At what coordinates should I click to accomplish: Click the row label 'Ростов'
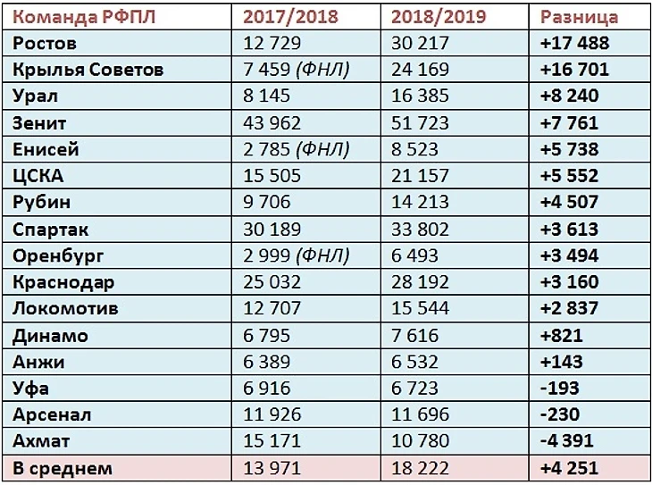[x=45, y=43]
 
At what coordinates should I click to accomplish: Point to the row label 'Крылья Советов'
[x=88, y=69]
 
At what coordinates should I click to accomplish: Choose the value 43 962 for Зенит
[x=272, y=122]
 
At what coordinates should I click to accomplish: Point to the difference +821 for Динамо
[x=561, y=336]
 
